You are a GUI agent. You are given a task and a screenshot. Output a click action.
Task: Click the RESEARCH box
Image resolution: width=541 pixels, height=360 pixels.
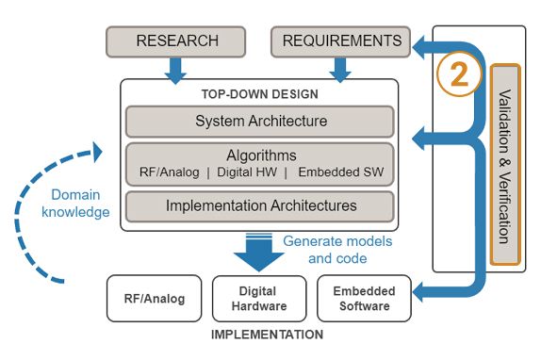tap(177, 41)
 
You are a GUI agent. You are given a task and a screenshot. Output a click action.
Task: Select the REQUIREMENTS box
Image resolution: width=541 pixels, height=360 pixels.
tap(340, 41)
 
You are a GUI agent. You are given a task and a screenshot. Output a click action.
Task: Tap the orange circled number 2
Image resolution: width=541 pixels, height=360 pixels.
tap(458, 74)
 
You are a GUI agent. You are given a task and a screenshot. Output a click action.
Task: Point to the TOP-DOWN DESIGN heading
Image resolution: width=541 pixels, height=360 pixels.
tap(259, 95)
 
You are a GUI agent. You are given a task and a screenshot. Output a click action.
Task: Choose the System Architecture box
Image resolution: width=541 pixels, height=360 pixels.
tap(260, 122)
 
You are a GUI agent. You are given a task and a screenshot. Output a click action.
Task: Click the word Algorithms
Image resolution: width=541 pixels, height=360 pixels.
tap(260, 155)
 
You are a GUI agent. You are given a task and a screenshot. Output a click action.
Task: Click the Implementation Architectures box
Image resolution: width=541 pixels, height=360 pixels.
tap(260, 205)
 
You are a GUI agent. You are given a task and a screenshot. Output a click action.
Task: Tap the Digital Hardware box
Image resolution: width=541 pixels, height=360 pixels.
tap(258, 299)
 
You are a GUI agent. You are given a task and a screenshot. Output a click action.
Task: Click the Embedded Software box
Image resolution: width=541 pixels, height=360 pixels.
tap(364, 299)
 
